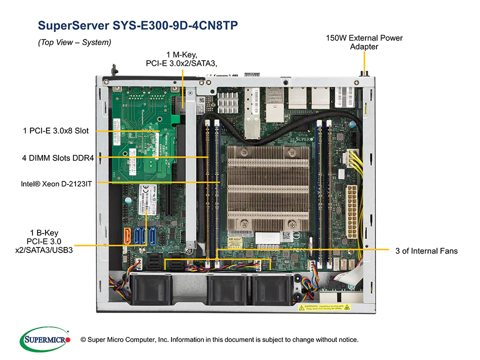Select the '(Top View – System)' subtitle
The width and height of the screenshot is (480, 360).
tap(74, 43)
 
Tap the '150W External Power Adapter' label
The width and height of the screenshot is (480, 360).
tap(364, 42)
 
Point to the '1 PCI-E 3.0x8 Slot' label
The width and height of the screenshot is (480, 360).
tap(55, 130)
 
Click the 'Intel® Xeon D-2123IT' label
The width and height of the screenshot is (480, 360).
tap(56, 183)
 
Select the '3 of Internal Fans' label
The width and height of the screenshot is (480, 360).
tap(426, 250)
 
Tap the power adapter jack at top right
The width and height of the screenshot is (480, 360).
tap(364, 73)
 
